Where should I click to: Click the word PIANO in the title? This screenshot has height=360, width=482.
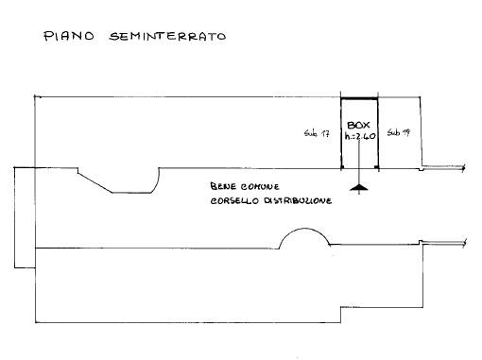pos(69,36)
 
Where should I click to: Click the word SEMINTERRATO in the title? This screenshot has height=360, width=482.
pos(167,36)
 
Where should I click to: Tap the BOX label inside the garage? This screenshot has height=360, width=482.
pos(358,125)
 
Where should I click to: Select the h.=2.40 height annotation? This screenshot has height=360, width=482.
pos(360,136)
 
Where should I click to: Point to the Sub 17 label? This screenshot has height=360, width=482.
pos(317,133)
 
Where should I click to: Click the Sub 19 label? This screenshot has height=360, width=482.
pos(399,132)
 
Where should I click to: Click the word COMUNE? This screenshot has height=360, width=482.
pos(260,187)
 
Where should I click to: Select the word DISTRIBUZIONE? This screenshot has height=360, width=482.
pos(298,200)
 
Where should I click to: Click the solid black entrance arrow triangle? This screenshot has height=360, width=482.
pos(359,188)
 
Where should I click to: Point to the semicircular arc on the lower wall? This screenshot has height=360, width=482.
pos(304,229)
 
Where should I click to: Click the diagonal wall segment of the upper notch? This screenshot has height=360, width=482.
pos(95,182)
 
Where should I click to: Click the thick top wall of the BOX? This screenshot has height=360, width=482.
pos(359,99)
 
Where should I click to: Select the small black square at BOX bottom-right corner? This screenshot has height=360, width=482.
pos(375,166)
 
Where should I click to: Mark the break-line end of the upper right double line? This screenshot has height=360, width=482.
pos(463,167)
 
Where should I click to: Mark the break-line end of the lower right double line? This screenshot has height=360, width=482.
pos(464,243)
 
